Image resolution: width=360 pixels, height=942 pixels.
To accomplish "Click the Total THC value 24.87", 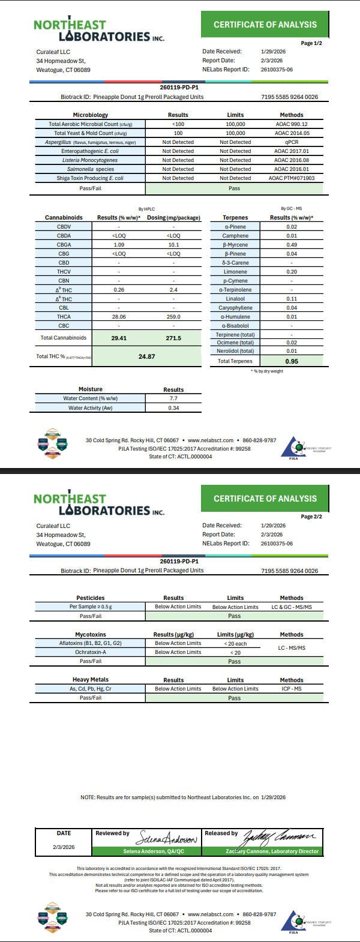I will (146, 356).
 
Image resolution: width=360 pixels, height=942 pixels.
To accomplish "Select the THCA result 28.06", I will (118, 317).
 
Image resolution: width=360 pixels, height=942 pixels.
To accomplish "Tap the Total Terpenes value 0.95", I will (292, 361).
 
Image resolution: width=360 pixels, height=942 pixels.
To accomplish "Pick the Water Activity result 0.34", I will (173, 408).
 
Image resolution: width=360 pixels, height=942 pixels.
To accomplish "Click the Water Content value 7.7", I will (173, 398).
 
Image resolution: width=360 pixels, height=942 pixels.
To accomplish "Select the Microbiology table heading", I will (90, 115).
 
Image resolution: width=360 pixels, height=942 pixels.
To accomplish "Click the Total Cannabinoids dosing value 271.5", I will (173, 338).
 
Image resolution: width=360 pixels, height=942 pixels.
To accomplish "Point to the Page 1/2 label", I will (311, 43).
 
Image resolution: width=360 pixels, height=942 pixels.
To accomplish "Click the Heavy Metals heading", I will (90, 680).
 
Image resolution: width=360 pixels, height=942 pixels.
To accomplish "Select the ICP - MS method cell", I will (292, 689).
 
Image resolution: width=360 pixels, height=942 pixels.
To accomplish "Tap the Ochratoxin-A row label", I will (90, 652).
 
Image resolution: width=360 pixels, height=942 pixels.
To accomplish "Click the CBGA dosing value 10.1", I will (173, 245).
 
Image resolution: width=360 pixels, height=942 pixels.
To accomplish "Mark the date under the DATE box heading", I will (64, 847).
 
